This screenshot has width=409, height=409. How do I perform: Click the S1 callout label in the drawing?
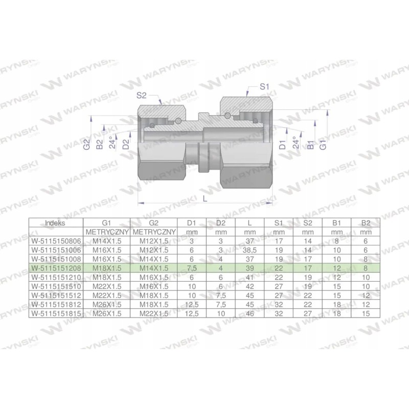point(264,87)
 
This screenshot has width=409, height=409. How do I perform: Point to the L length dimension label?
point(206,200)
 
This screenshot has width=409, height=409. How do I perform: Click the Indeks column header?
point(55,223)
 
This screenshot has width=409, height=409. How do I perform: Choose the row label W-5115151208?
point(55,267)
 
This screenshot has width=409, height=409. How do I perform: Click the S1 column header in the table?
point(279,223)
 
